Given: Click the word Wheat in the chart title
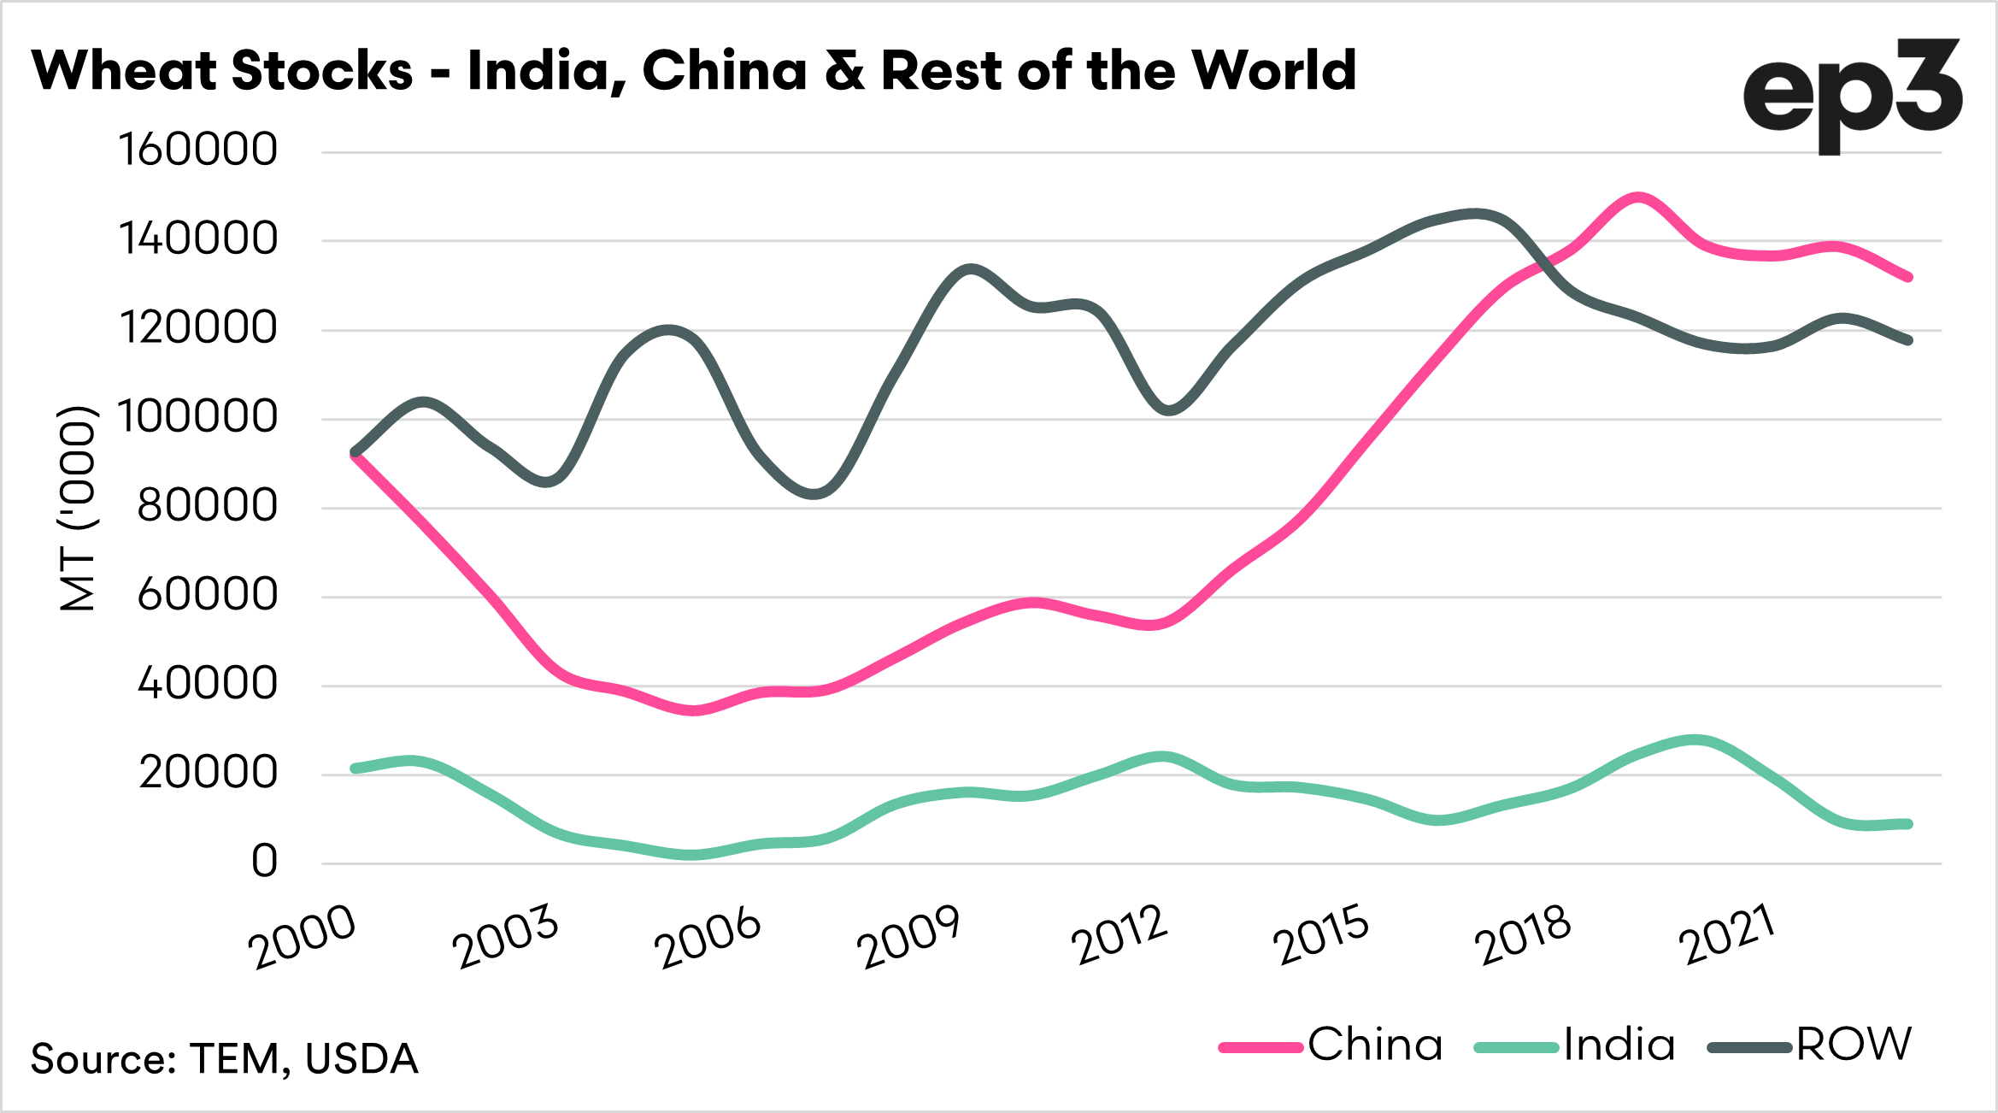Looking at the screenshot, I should [123, 70].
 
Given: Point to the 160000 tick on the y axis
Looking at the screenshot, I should [198, 150].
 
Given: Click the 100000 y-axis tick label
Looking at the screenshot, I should [198, 417].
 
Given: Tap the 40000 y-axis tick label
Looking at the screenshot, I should [208, 684].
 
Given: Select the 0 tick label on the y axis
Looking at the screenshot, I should [264, 862].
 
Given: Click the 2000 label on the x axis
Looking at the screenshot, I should [301, 937].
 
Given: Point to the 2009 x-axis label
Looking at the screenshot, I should [908, 937].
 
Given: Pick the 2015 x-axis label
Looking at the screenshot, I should [1320, 937].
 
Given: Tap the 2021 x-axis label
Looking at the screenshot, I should [1726, 937].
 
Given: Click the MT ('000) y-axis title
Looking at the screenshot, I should [77, 509].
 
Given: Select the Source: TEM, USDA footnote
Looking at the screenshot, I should [224, 1058].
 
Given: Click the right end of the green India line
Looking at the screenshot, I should [1907, 824].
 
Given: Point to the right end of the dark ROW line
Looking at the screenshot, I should [1907, 340].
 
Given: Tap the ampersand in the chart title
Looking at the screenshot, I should [844, 70].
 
